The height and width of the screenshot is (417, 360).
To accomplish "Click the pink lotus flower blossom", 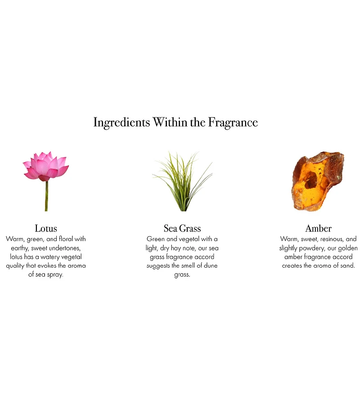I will pyautogui.click(x=46, y=166).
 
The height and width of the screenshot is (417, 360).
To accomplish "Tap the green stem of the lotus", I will pyautogui.click(x=46, y=196).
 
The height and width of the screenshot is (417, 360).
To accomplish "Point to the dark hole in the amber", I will pyautogui.click(x=310, y=180).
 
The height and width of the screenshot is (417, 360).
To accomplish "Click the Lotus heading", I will pyautogui.click(x=46, y=229).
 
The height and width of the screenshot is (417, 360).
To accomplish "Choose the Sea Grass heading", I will pyautogui.click(x=182, y=229).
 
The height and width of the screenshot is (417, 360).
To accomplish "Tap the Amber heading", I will pyautogui.click(x=318, y=229).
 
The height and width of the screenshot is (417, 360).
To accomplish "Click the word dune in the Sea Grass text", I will pyautogui.click(x=210, y=266).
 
